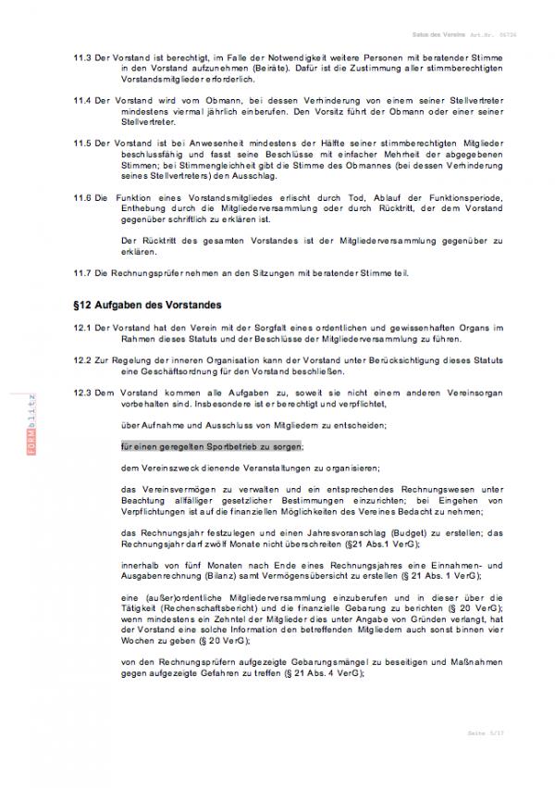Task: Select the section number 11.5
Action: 81,145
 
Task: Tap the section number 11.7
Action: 81,273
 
